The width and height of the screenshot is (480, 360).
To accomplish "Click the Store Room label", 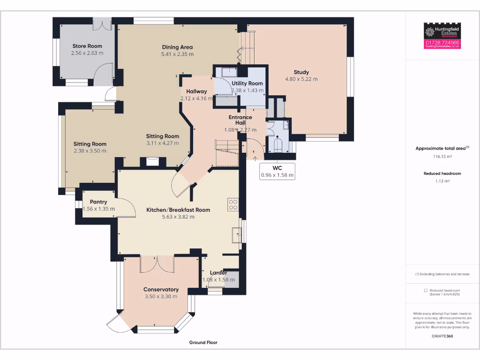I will point(87,46).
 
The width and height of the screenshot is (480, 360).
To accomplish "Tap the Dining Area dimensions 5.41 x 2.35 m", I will point(177,54).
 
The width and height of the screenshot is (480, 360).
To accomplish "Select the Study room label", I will point(301,72).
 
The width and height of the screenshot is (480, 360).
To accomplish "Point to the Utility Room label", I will point(247,83).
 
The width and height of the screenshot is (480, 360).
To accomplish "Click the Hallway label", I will point(196,91).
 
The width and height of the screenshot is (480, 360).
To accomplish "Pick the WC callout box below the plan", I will point(277,172).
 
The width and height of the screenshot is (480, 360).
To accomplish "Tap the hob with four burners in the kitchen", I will point(233,204).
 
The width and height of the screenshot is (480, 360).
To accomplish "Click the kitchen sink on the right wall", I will point(237,234).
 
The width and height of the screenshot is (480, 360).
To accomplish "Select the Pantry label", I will point(98,202).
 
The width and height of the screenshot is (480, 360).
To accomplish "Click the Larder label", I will point(218,273).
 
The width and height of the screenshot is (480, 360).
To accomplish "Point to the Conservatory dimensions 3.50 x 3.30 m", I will point(161,296).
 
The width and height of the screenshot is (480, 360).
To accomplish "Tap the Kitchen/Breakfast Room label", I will point(178,210).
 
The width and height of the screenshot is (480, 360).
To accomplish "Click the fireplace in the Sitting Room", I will point(153,162).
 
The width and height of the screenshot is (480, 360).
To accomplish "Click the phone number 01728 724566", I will point(442,43).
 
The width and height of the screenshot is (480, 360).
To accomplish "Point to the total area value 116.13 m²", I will point(442,157).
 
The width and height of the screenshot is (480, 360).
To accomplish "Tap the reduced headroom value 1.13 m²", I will point(442,181).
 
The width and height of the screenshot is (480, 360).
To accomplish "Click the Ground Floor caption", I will point(203,343).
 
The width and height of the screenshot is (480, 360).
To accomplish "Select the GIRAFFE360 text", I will point(442,336).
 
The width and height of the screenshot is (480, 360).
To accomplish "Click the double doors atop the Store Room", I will point(102,25).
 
